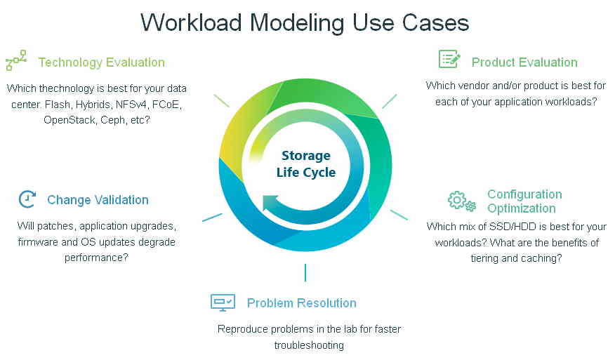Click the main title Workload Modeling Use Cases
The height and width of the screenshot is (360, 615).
click(x=305, y=22)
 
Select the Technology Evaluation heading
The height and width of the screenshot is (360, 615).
click(x=101, y=62)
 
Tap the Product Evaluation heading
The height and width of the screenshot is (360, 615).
click(x=524, y=62)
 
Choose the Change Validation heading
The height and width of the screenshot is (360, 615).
click(x=98, y=199)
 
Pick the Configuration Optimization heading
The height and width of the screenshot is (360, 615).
click(x=524, y=201)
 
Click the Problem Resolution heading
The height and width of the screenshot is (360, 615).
click(x=302, y=302)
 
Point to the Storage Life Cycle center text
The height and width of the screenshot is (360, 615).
click(x=306, y=164)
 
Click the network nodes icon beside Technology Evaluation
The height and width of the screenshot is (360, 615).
click(x=16, y=60)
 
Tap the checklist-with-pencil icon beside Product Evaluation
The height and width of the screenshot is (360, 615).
click(x=449, y=59)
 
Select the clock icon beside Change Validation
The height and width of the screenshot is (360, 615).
click(x=27, y=199)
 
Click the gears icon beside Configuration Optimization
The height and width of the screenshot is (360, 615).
click(x=462, y=201)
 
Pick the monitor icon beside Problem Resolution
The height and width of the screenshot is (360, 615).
click(x=223, y=302)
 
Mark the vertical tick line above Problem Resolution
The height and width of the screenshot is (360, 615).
click(x=305, y=272)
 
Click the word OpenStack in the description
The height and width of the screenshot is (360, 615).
click(x=70, y=120)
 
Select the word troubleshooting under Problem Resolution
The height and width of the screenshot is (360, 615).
click(x=309, y=345)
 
